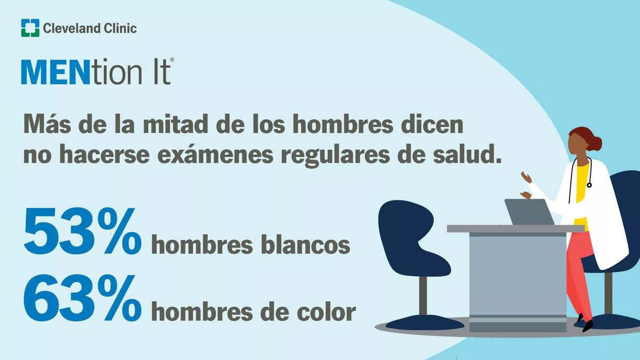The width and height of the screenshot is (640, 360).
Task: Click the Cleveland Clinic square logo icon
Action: (30, 28)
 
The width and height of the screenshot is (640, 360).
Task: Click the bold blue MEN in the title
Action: (55, 71)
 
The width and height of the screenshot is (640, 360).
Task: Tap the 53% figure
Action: (82, 231)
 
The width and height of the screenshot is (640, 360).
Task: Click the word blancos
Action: (305, 245)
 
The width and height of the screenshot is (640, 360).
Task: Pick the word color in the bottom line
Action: (326, 311)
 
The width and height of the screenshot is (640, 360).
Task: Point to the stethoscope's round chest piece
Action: (589, 186)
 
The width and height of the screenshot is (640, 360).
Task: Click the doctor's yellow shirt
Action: (582, 194)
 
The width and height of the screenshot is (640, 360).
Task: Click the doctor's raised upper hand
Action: (526, 177)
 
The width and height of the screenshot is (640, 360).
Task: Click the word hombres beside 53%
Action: (202, 245)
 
